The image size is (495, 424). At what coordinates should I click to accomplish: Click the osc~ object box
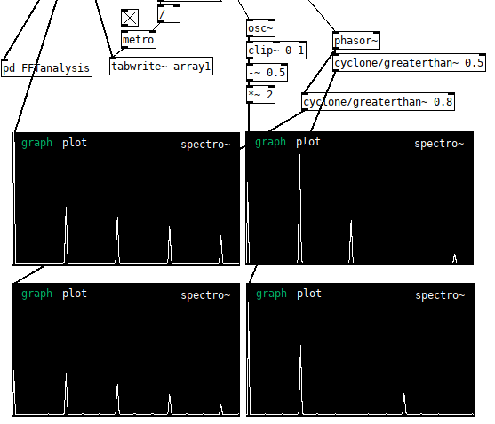tap(260, 28)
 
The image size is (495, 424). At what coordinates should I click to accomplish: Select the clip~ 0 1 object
tap(276, 50)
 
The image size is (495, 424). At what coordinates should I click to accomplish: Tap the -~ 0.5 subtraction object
tap(267, 73)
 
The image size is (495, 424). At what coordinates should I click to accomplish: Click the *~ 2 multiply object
tap(260, 95)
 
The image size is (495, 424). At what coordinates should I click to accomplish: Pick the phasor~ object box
tap(356, 40)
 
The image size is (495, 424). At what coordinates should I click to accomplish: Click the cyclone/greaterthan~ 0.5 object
tap(409, 62)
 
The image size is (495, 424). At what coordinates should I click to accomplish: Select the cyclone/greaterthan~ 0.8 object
tap(379, 102)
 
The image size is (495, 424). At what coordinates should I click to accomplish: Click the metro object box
tap(139, 40)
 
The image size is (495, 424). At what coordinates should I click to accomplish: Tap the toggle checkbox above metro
tap(130, 18)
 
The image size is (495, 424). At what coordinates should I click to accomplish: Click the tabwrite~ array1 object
tap(161, 67)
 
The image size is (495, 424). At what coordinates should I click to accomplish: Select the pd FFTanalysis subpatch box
tap(46, 68)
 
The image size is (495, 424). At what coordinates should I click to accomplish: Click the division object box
tap(169, 14)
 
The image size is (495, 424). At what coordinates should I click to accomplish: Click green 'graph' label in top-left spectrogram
tap(36, 144)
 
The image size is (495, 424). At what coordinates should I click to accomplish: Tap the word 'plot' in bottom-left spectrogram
tap(75, 294)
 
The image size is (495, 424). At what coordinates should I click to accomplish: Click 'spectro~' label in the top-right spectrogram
tap(439, 144)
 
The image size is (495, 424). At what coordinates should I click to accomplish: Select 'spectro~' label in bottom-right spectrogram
tap(440, 295)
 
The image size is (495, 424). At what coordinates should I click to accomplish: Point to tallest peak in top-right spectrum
tap(299, 155)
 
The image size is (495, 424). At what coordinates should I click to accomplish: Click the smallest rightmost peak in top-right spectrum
tap(455, 255)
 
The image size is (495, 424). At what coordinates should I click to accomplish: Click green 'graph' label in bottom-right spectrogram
tap(271, 294)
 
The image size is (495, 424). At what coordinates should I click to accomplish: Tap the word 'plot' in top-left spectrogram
tap(75, 143)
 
